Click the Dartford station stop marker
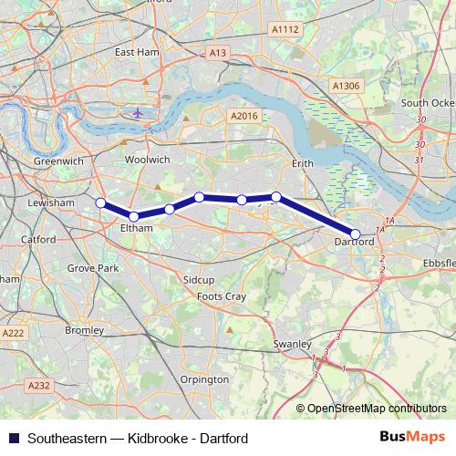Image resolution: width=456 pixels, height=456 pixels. [355, 233]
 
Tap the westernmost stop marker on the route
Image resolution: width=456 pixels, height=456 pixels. [100, 203]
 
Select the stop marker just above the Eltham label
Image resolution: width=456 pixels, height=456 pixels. [134, 216]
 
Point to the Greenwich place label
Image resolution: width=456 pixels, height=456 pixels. [59, 161]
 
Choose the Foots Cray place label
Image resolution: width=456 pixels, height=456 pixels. [223, 296]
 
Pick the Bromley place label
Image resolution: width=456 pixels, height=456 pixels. [85, 329]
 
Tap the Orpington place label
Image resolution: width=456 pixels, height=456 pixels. [205, 378]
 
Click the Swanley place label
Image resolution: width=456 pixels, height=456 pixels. [293, 344]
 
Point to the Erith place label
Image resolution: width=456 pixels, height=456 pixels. [302, 163]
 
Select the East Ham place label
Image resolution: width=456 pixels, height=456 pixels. [137, 53]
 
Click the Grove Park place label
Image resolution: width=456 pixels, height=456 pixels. [93, 269]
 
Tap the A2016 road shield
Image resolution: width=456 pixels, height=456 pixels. [244, 116]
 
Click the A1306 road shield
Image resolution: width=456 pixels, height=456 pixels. [346, 86]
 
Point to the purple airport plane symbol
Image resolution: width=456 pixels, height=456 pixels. [137, 113]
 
